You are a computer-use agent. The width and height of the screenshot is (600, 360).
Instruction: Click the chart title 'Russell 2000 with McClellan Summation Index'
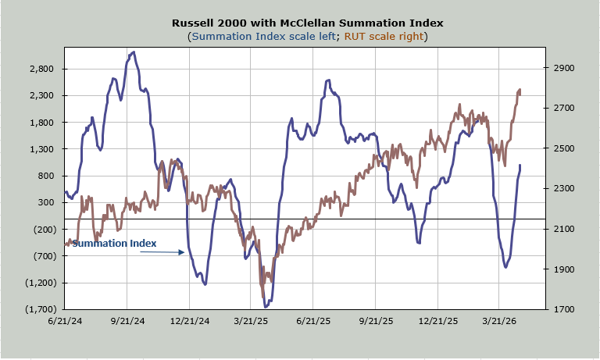click(x=299, y=23)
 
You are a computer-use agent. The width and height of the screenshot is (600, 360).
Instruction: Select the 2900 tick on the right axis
click(x=565, y=69)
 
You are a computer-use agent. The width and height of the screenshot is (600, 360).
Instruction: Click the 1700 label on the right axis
click(x=565, y=310)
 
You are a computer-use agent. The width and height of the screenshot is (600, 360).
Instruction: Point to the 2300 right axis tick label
click(x=565, y=189)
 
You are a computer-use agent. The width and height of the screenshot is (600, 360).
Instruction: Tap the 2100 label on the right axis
click(x=565, y=230)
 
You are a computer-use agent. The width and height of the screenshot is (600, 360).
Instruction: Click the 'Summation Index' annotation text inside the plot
click(x=114, y=244)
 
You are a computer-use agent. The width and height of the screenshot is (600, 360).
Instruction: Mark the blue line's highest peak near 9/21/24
click(x=134, y=52)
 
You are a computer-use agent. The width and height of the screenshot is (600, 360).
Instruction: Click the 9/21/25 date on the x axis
click(x=376, y=320)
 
